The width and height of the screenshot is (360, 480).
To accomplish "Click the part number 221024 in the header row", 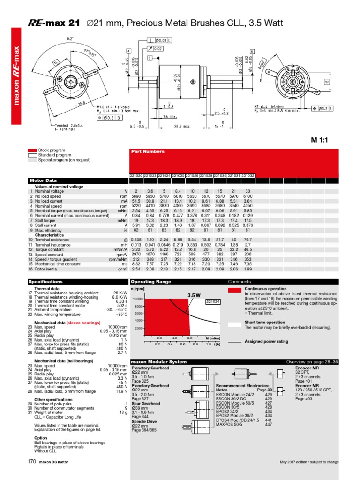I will [x=164, y=175].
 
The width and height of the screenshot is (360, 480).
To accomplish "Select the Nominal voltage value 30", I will [x=248, y=191].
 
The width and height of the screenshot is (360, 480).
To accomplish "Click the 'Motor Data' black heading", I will [x=43, y=180].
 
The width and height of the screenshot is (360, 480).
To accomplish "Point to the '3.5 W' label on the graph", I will [x=194, y=295].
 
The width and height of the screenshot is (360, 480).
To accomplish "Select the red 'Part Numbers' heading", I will [x=148, y=152].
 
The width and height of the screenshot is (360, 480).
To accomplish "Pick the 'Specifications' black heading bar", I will [x=45, y=282].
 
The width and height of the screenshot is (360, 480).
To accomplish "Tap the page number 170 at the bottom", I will [x=32, y=462].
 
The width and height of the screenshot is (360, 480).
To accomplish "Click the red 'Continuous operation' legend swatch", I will [x=234, y=290].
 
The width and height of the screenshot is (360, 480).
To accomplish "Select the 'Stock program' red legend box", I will [x=32, y=150].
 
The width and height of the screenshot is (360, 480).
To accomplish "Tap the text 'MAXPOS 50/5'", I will [x=228, y=424].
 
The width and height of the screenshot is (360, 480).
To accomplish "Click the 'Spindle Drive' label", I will [x=144, y=421].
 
